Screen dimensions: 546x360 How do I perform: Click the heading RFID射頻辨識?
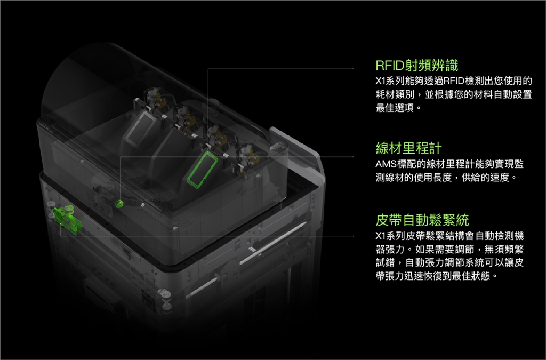(416, 65)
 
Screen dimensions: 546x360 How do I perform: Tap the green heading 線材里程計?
(409, 148)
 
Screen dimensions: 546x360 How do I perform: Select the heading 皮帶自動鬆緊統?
(422, 220)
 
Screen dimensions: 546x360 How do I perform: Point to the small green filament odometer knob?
(120, 203)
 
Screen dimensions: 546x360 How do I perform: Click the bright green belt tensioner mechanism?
(67, 219)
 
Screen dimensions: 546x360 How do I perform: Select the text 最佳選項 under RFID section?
(395, 108)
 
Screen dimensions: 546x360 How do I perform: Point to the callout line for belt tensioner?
(207, 236)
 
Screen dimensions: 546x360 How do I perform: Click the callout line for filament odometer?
(237, 157)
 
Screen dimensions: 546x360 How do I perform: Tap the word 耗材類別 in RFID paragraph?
(395, 94)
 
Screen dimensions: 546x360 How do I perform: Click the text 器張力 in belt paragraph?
(390, 249)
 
